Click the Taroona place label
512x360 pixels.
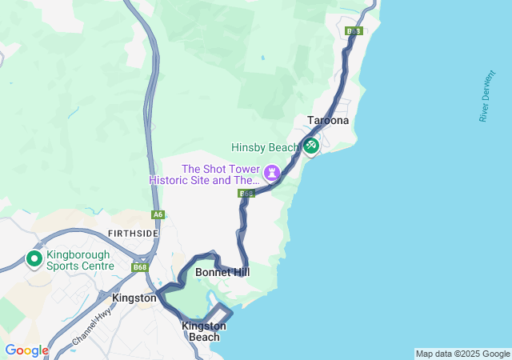tap(328, 121)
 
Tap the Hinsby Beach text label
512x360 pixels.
tap(265, 147)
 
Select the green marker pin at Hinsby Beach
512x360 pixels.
tap(310, 146)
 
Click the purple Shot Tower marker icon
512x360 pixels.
tap(273, 172)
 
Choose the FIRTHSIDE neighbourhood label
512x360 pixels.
tap(132, 233)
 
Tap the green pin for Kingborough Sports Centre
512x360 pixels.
tap(34, 259)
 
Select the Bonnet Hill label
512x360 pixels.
tap(222, 273)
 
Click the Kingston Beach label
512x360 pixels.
tap(204, 331)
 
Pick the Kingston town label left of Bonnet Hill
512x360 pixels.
tap(134, 298)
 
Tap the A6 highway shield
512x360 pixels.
tap(158, 214)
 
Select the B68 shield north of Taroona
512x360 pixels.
tap(354, 31)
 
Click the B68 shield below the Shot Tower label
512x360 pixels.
tap(246, 194)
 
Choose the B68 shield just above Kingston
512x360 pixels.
tap(141, 267)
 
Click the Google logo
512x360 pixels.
tap(26, 350)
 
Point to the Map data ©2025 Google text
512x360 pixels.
tap(462, 354)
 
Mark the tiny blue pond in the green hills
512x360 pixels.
tap(262, 58)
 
